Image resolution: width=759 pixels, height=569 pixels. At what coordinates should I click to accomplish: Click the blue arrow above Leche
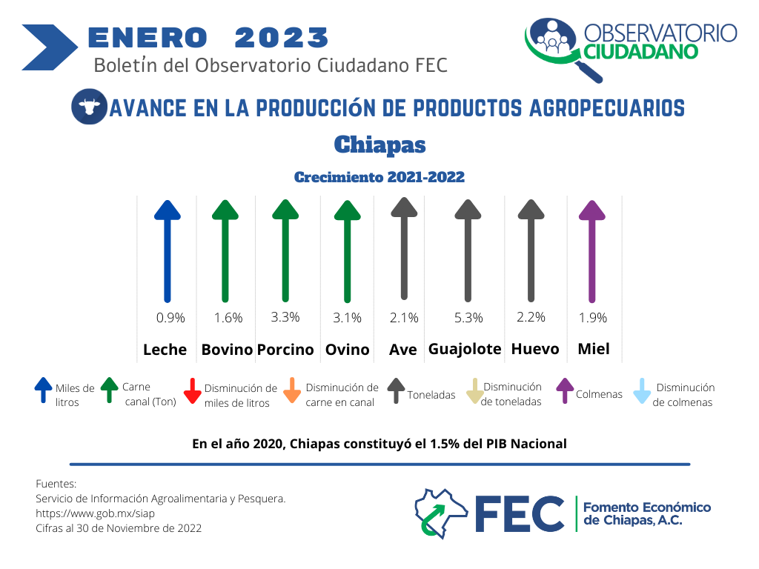pos(168,252)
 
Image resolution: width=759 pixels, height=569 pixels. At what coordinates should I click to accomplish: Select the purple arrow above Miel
pos(592,252)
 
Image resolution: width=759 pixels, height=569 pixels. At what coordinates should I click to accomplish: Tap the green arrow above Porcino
pos(285,251)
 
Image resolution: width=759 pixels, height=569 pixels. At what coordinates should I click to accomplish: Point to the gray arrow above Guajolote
pos(468,251)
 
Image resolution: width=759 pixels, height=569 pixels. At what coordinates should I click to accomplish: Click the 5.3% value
pos(468,318)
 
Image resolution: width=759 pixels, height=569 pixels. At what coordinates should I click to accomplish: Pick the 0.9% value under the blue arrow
pos(170,318)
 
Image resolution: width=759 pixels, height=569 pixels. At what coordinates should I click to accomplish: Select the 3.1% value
pos(347,318)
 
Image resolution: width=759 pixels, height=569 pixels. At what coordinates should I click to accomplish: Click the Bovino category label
pos(227,350)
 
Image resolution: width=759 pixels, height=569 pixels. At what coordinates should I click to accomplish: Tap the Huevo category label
pos(535,349)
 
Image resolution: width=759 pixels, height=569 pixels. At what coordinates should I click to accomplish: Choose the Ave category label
pos(402,350)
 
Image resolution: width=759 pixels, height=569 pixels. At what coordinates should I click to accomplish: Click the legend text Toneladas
pos(431,395)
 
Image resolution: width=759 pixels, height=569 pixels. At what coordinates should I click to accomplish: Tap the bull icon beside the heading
pos(90,107)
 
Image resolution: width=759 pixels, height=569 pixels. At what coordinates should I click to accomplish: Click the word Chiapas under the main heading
pos(380,144)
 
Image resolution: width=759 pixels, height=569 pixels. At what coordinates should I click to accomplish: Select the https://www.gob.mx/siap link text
pos(96,513)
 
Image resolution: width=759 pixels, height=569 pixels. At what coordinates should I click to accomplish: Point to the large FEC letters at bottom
pos(520,514)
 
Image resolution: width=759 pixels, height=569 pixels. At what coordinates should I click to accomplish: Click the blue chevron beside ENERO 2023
pos(50,47)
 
